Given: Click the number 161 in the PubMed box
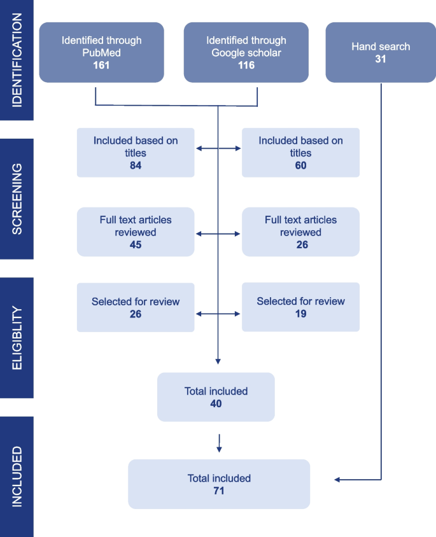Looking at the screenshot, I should (101, 65).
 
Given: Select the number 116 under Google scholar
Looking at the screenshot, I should (246, 65).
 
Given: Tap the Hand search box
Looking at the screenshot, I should (381, 53).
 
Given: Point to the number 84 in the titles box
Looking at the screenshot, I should (135, 165).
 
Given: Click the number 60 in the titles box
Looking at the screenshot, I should (300, 165).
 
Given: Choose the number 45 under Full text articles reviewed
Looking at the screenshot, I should (135, 245).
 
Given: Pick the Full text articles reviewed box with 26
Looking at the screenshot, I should (300, 232).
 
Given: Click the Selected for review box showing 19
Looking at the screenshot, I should (300, 307).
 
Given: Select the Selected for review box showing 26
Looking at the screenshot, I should (135, 307).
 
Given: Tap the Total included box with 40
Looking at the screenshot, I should (216, 397).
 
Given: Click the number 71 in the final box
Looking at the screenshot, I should (219, 491).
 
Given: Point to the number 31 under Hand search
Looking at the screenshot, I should (381, 59).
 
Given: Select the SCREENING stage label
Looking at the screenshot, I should (17, 199).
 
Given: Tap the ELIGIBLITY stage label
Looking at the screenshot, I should (17, 337).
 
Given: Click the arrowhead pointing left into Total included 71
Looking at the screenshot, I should (338, 480).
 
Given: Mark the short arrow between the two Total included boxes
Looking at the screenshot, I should (219, 443).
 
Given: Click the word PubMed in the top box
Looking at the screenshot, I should (101, 52).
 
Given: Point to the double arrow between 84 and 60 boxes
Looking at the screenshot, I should (218, 149).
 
